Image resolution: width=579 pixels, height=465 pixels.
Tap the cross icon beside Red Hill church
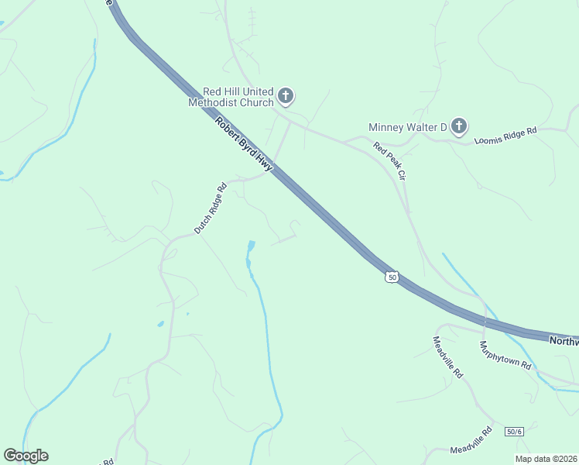point(286,96)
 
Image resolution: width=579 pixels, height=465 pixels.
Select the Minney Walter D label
point(407,127)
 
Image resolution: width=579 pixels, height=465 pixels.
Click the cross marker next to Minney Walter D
point(459,126)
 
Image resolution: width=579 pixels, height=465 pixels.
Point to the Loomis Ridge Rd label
point(505,136)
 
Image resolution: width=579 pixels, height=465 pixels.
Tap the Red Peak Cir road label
point(389,160)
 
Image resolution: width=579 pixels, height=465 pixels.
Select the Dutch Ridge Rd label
point(210,208)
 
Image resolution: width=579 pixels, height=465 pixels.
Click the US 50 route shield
point(392,277)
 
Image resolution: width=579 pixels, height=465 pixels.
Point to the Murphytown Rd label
point(505,355)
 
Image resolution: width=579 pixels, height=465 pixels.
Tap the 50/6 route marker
point(515,431)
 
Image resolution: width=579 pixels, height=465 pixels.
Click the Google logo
point(26,456)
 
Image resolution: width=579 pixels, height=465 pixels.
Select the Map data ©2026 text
point(546,459)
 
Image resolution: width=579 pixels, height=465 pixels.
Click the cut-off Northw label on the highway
point(564,340)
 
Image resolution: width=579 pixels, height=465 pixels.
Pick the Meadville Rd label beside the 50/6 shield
point(471,441)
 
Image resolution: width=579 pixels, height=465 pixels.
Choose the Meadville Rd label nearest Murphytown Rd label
point(448,356)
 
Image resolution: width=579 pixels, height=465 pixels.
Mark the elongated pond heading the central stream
point(249,251)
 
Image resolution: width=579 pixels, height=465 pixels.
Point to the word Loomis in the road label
point(488,140)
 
